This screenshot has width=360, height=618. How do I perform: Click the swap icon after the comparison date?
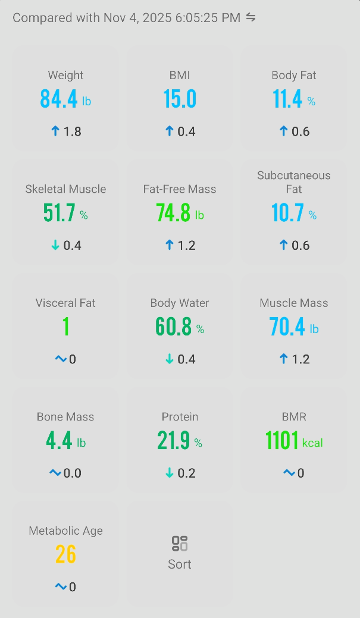click(x=251, y=17)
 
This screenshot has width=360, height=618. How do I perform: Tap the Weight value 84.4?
click(x=59, y=99)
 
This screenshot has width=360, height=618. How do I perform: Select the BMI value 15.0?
click(x=180, y=99)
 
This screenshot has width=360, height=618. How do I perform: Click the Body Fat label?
click(x=294, y=76)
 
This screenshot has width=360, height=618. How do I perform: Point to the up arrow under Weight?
click(x=55, y=131)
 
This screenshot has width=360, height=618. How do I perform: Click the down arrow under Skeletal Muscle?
click(x=55, y=246)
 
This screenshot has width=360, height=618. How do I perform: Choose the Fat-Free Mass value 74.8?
click(x=173, y=213)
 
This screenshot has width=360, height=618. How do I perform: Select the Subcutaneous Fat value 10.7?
click(x=287, y=213)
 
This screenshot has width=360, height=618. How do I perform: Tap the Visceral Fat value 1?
click(x=65, y=327)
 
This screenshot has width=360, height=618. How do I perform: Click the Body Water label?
click(x=180, y=303)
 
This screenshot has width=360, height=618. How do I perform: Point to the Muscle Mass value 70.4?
click(x=287, y=327)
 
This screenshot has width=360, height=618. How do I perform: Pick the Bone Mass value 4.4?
click(x=59, y=441)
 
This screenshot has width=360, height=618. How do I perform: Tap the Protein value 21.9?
click(x=173, y=441)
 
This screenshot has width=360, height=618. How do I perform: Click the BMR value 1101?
click(x=282, y=441)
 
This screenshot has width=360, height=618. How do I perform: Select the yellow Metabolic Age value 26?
click(x=65, y=554)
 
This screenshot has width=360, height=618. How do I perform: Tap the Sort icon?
click(x=180, y=544)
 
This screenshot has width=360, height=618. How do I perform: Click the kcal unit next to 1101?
click(x=312, y=443)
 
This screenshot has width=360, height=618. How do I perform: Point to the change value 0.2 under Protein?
click(x=186, y=473)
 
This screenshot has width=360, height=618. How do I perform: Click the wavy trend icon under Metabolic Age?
click(x=61, y=587)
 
